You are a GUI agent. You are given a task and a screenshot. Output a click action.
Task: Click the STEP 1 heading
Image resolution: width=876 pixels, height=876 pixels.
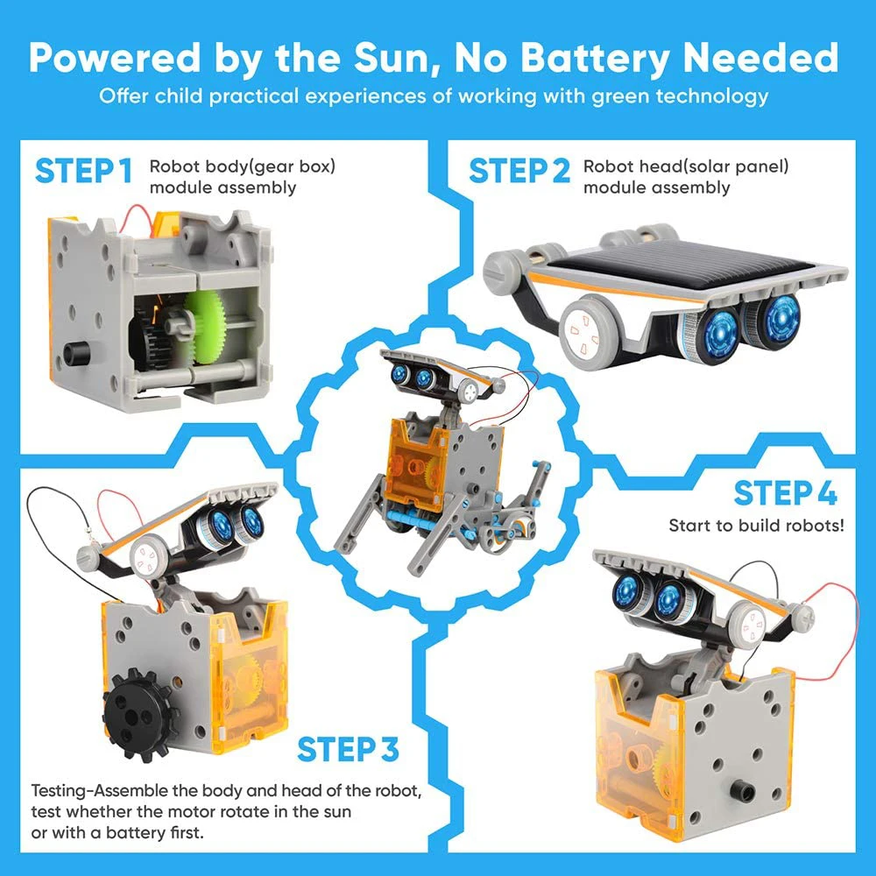click(x=84, y=173)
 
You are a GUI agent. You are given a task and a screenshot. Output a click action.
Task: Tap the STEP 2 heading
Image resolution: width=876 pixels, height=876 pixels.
click(x=519, y=173)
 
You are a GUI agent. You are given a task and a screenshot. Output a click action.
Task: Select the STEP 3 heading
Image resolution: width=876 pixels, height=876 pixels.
click(x=348, y=750)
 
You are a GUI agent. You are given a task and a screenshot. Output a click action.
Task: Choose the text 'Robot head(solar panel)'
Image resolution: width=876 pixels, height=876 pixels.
click(x=686, y=166)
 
